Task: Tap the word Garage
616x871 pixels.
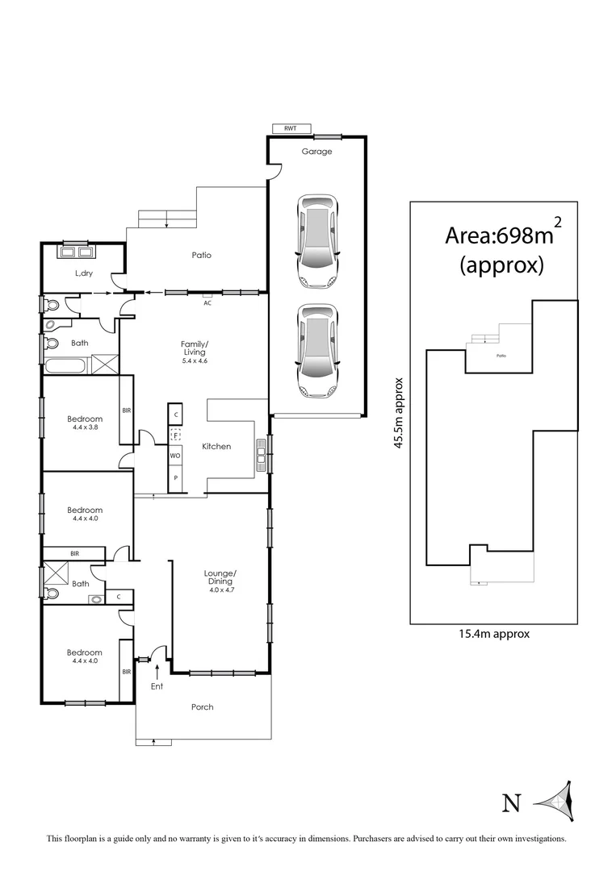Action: tap(316, 151)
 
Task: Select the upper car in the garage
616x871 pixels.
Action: tap(317, 240)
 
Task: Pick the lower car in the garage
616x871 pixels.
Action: tap(317, 351)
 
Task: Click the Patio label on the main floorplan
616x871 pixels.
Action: tap(202, 255)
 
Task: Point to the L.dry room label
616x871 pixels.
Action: tap(84, 274)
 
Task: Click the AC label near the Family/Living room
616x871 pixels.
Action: tap(207, 302)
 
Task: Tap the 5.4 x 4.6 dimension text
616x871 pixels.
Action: tap(195, 360)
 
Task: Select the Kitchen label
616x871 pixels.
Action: tap(216, 446)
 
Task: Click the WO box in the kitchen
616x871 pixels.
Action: tap(174, 456)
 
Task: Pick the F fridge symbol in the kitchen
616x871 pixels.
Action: tap(174, 435)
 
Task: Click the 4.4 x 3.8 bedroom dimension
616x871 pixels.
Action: tap(85, 427)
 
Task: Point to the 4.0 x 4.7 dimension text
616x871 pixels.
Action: tap(219, 590)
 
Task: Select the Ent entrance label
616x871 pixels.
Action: tap(157, 686)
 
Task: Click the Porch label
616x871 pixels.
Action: tap(203, 707)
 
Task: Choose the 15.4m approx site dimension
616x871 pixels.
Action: tap(494, 634)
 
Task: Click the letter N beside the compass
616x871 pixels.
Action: tap(510, 802)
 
